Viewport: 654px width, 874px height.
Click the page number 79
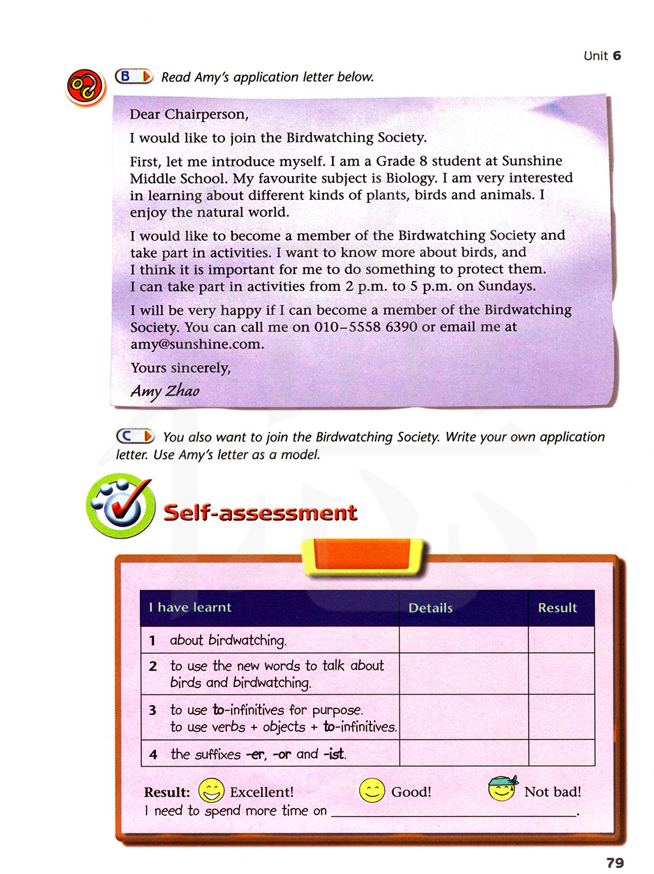coord(615,862)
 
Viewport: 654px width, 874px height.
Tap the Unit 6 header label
coord(602,56)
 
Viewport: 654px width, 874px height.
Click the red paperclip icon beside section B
coord(85,87)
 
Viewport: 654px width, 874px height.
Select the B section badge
coord(133,77)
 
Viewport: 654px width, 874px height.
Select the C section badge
coord(135,436)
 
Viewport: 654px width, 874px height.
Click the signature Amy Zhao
coord(165,391)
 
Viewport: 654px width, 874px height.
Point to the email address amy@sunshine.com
coord(196,344)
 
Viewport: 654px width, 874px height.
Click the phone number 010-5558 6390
coord(366,327)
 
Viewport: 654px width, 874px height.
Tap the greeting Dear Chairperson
coord(189,114)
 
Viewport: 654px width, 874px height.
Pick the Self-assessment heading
coord(260,512)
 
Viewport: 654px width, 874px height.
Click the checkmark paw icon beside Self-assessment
coord(121,506)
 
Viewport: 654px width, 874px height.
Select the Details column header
coord(430,608)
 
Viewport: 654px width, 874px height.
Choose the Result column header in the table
coord(557,608)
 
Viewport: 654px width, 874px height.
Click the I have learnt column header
coord(190,607)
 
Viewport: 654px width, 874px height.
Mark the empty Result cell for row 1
coord(561,640)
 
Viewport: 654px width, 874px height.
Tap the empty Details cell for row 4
coord(463,753)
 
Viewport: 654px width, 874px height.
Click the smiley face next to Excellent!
coord(211,790)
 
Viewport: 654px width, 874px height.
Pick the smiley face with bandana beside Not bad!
coord(502,788)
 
